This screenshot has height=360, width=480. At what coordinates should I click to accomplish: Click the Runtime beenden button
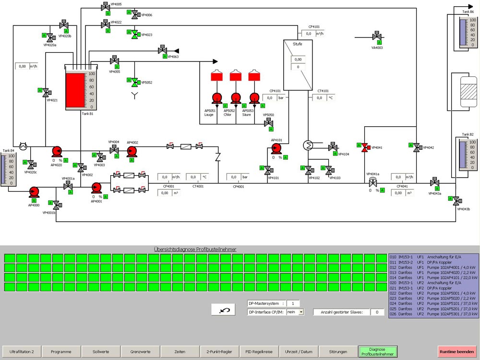point(457,352)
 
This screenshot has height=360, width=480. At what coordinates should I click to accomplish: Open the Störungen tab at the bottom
point(338,352)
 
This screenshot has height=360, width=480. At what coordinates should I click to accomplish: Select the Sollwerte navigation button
point(101,352)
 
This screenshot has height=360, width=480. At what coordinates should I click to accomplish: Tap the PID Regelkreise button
point(259,352)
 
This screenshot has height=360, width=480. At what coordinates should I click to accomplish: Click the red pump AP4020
point(57,152)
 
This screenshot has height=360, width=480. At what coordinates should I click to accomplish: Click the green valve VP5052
point(135,83)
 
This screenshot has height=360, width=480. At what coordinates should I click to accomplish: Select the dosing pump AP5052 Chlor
point(235,98)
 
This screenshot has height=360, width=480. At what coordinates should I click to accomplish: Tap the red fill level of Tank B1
point(74,90)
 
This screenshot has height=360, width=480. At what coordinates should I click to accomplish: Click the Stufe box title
point(298,44)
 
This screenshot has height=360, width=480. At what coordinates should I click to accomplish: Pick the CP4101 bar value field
point(269,98)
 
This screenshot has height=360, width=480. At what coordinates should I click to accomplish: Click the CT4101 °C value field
point(319,98)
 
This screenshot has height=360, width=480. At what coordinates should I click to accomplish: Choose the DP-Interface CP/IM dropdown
point(295,312)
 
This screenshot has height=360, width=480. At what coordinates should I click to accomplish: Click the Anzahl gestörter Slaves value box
point(377,312)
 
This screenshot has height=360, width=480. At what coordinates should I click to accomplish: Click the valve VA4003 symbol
point(377,36)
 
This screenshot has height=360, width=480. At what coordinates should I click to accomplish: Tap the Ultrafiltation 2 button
point(22,352)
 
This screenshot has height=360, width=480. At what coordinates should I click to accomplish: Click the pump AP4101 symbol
point(276,148)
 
